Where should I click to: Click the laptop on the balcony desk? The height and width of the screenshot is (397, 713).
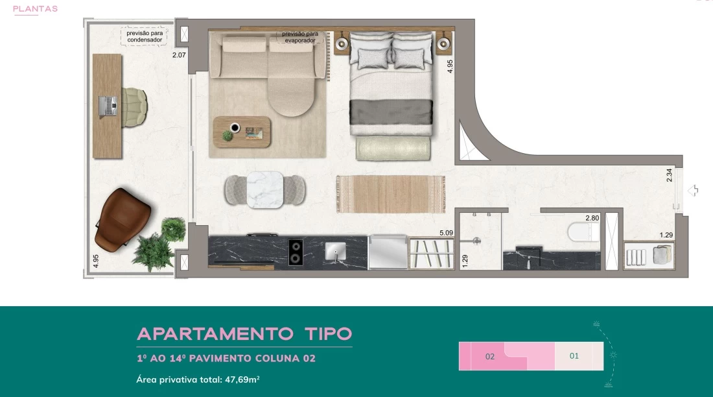(x=108, y=106)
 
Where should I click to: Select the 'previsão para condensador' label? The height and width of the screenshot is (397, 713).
(x=145, y=36)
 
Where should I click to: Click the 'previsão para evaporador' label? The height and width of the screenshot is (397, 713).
(x=300, y=37)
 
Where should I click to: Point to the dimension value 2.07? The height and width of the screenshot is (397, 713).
(x=179, y=55)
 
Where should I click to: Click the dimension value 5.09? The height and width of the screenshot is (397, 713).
(x=446, y=233)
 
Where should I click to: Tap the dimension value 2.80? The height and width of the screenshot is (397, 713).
(x=592, y=218)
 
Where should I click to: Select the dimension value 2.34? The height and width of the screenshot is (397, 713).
(x=669, y=175)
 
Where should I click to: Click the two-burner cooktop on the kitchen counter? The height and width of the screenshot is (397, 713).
(x=296, y=252)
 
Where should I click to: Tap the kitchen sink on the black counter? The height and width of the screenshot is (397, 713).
(x=336, y=251)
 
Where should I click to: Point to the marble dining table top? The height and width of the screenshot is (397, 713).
(x=265, y=190)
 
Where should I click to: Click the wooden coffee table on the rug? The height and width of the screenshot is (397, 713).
(x=242, y=132)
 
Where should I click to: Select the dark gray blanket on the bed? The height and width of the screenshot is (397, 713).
(x=391, y=112)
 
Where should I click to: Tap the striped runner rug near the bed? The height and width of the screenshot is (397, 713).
(x=391, y=194)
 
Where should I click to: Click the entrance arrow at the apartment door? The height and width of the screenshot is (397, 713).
(x=693, y=190)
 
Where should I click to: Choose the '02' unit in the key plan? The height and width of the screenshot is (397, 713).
(x=490, y=357)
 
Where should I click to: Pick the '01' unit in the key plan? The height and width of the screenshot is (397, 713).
(x=574, y=356)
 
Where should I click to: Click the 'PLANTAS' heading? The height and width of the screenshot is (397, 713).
(x=35, y=8)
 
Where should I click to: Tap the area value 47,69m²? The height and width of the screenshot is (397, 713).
(x=242, y=379)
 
